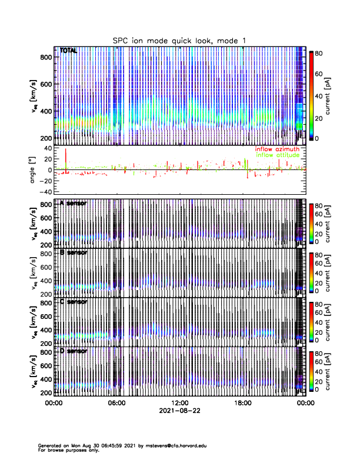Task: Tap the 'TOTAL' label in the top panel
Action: pos(69,51)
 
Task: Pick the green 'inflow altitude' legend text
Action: pos(279,155)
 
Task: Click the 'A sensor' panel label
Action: pos(74,204)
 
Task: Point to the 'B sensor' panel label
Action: pos(74,252)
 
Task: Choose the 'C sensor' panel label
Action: pos(74,302)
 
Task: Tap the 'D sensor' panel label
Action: pos(74,351)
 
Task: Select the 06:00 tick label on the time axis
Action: pos(116,404)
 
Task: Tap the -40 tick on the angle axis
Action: pos(44,192)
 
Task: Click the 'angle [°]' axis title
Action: pos(34,170)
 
